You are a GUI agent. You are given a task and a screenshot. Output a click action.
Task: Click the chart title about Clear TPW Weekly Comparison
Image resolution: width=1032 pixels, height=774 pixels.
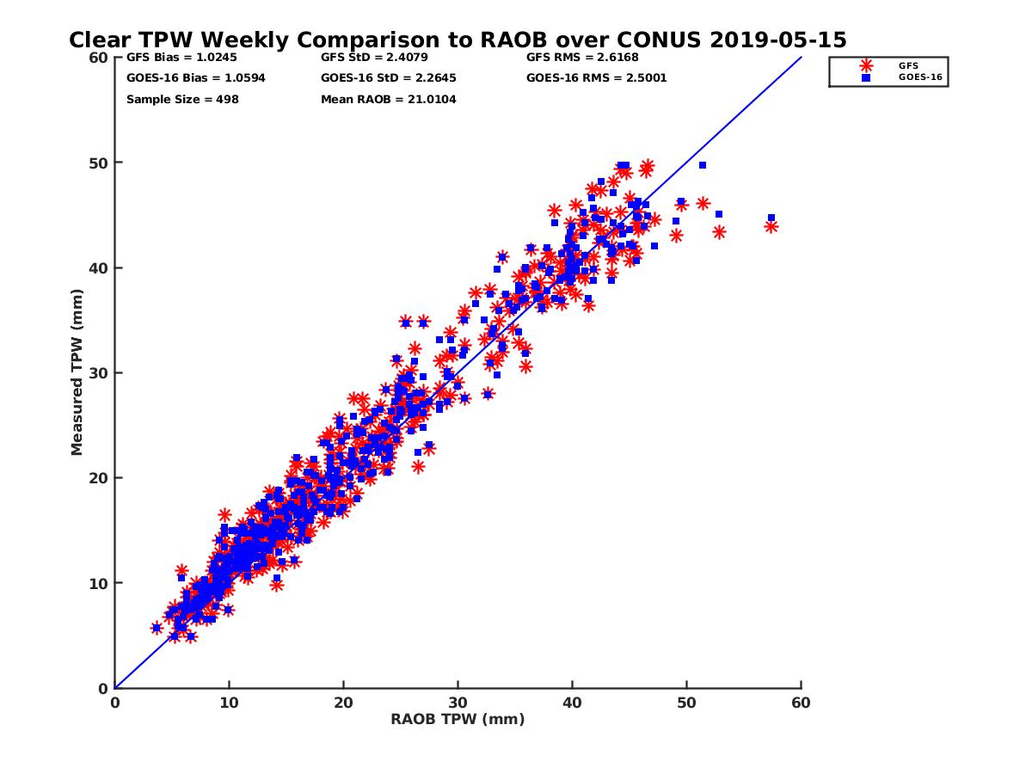coord(458,40)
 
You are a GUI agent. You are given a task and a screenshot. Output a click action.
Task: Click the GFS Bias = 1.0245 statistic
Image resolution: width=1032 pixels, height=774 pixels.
coord(167,58)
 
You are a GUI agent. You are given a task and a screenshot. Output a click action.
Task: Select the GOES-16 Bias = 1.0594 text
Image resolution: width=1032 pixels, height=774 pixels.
coord(182,78)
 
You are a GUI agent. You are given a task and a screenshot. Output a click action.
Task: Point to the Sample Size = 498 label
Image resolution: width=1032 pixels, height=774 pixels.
coord(182,100)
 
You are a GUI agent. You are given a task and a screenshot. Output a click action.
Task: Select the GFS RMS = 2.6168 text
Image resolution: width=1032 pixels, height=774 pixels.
coord(582,58)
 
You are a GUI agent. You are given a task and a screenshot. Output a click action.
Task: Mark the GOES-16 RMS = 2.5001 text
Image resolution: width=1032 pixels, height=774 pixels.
coord(597,78)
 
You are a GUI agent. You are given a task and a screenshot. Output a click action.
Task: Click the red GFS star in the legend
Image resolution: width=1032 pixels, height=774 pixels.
coord(866,65)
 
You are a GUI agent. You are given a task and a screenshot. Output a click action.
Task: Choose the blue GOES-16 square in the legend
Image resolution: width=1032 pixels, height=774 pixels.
coord(866,77)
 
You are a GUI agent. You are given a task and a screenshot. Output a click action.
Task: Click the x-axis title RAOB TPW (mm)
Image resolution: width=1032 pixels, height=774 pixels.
coord(458,720)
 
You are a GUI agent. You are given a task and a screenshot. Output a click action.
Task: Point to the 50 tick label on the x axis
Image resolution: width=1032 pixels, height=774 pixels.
coord(687,703)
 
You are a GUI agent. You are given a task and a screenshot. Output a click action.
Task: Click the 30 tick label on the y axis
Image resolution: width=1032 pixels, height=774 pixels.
coord(99,373)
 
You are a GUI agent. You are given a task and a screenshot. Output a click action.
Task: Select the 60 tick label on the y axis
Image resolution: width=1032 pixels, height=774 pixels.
coord(99,58)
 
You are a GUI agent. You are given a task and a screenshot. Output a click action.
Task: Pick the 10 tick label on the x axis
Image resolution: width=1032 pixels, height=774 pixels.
coord(229,703)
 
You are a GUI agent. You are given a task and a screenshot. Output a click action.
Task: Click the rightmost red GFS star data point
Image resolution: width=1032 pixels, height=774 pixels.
coord(771,226)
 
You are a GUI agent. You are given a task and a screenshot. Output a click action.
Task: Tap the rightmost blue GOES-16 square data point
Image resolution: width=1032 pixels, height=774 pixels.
coord(771,218)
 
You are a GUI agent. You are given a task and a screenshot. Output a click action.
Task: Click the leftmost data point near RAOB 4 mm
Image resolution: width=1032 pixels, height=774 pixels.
coord(157,628)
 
